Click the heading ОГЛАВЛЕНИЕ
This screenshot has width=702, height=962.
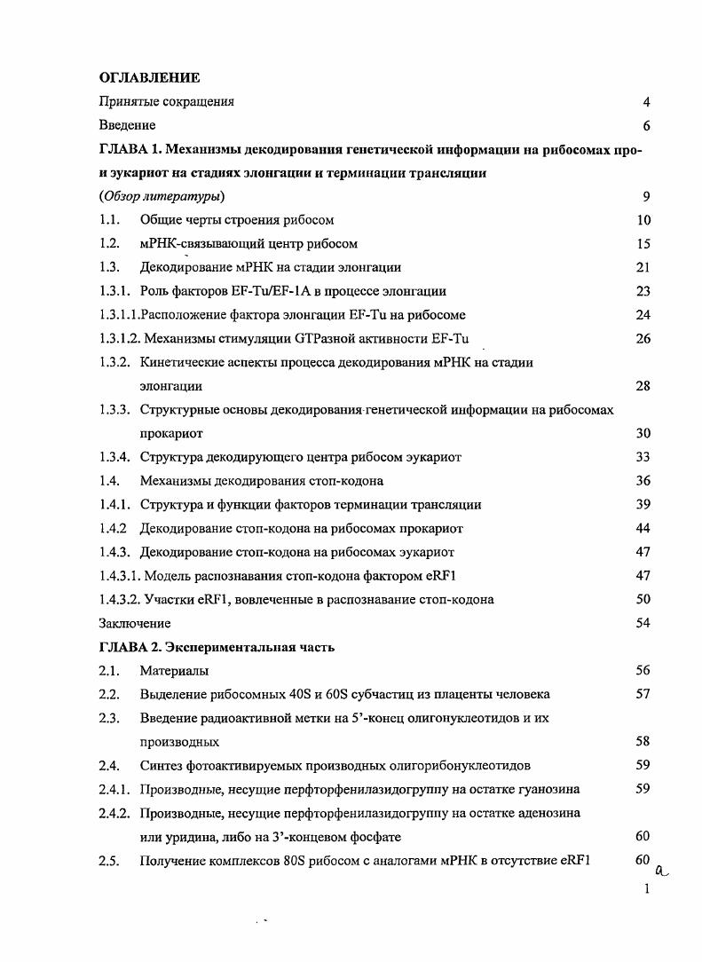pos(148,78)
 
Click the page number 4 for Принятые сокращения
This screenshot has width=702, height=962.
pos(647,102)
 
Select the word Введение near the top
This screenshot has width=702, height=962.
pos(127,126)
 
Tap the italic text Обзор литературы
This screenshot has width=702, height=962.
pos(161,196)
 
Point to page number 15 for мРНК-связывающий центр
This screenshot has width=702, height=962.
pos(643,244)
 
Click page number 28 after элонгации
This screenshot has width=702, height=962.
pos(643,386)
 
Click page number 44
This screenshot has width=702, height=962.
pos(643,529)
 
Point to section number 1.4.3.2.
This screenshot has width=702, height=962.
pos(120,600)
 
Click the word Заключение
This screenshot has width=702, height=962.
pos(134,624)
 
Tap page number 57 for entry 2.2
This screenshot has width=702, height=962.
pos(643,695)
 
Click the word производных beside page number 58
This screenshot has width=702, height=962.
pos(179,742)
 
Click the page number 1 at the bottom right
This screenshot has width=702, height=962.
pos(647,888)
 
